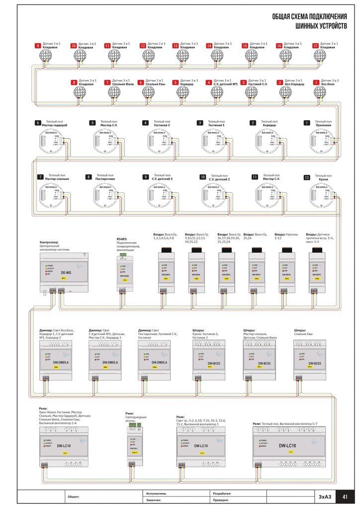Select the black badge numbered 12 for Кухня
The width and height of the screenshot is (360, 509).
click(x=307, y=177)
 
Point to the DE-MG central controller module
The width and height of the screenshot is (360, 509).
click(x=64, y=273)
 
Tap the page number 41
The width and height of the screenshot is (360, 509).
click(x=345, y=496)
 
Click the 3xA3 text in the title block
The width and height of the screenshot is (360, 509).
click(x=324, y=496)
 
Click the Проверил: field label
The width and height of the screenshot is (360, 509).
click(x=222, y=500)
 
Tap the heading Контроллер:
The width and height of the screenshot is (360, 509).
click(x=49, y=242)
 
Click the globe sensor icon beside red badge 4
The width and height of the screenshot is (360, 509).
click(x=217, y=92)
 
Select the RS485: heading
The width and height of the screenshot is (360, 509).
click(x=122, y=239)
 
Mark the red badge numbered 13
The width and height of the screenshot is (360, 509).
click(x=176, y=45)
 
